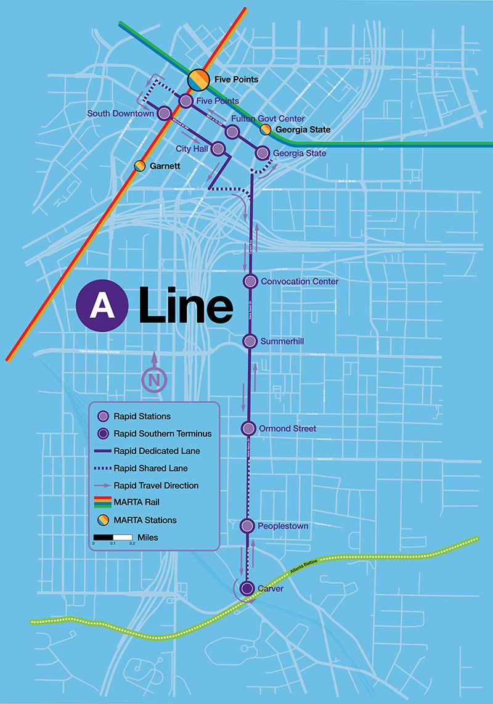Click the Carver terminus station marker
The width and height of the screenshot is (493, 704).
pos(247,588)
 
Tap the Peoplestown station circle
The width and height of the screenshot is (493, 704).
pos(247,526)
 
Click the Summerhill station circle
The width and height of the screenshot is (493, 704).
pos(250,341)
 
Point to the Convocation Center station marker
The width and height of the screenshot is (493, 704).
pos(250,281)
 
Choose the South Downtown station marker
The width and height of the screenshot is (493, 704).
pos(165,113)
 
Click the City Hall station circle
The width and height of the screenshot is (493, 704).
pos(218,149)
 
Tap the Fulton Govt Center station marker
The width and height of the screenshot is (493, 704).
pos(232,131)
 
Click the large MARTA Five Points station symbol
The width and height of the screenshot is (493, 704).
pos(198,78)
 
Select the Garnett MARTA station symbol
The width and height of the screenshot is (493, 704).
pos(140,166)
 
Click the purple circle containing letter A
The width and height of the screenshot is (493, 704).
pos(102,305)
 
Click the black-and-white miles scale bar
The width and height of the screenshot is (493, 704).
pos(113,537)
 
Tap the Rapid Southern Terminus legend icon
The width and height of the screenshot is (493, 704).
pos(104,433)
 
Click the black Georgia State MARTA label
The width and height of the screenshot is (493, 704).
pos(303,130)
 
